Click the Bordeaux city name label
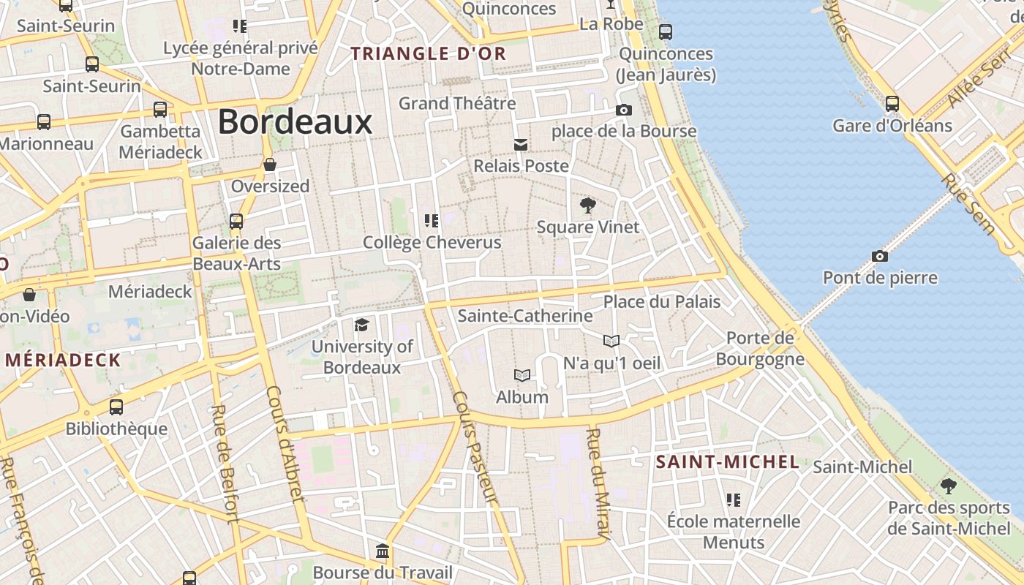tap(295, 121)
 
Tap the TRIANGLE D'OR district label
tap(429, 53)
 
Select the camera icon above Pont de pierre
tap(880, 256)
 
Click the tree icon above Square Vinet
tap(587, 205)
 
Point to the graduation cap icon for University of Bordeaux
tap(361, 325)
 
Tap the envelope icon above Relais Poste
tap(521, 144)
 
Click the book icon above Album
tap(522, 375)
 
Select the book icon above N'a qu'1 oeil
tap(611, 341)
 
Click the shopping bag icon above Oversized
tap(270, 165)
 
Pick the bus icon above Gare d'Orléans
tap(892, 103)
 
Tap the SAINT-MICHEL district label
tap(727, 461)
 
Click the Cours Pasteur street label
tap(475, 448)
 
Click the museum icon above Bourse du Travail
tap(382, 550)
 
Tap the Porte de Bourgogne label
tap(760, 348)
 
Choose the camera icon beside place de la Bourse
tap(623, 110)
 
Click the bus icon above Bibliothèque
tap(116, 407)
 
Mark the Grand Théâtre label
tap(457, 103)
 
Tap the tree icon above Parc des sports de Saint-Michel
tap(949, 485)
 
